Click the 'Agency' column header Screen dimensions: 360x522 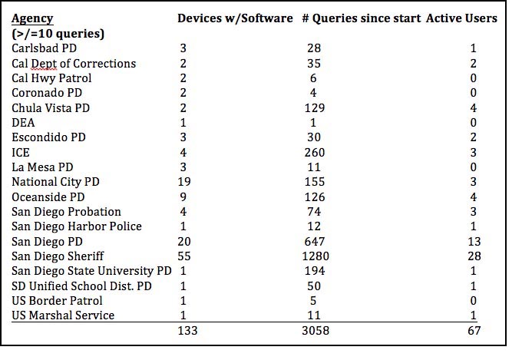click(x=33, y=18)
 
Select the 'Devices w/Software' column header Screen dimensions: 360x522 click(x=235, y=18)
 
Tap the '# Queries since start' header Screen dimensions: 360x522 click(x=358, y=18)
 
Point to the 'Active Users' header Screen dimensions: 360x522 click(x=461, y=18)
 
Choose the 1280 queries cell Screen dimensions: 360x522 click(x=315, y=256)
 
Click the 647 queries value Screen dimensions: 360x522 click(x=315, y=242)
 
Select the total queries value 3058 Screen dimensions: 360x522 click(x=315, y=331)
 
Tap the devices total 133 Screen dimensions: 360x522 click(x=188, y=331)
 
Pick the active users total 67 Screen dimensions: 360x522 click(x=474, y=331)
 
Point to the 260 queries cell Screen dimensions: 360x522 click(x=315, y=153)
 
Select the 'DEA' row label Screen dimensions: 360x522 click(x=24, y=123)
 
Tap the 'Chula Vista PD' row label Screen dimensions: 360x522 click(x=51, y=108)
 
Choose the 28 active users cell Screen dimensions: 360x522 click(x=474, y=256)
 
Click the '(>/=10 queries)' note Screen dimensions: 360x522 click(x=58, y=34)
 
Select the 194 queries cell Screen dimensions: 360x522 click(x=315, y=272)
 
